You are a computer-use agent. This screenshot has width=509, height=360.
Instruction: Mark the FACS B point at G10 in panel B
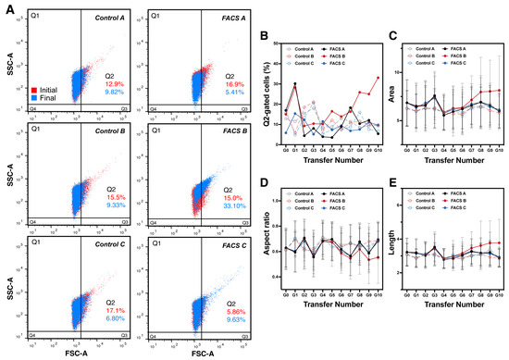(379, 77)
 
